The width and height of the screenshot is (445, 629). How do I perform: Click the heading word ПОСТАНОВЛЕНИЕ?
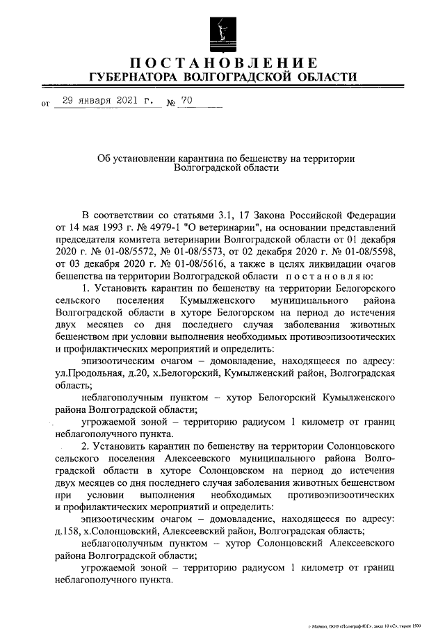(222, 62)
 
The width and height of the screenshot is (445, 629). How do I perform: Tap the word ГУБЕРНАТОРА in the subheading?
(133, 76)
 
